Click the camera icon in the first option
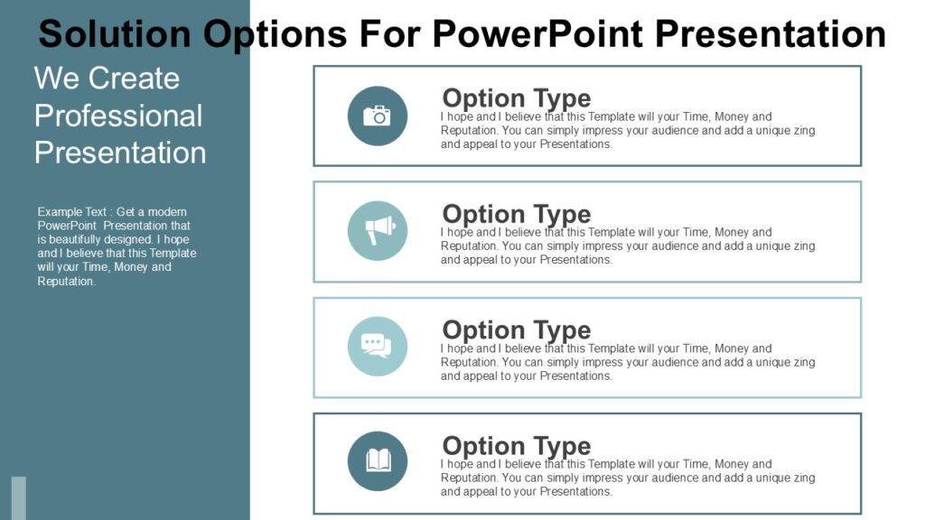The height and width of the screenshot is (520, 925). coord(377,116)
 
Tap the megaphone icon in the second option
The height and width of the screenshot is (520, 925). coord(378,231)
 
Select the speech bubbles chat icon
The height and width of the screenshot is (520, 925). coord(377,346)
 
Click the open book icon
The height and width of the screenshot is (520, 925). coord(378,461)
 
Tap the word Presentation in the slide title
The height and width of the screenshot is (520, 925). coord(770,34)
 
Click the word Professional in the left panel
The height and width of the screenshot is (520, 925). coord(118,116)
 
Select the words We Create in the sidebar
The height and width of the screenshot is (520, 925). coord(107,78)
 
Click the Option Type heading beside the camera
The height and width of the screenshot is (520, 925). coord(516,98)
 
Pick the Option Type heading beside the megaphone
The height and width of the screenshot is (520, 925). coord(516,214)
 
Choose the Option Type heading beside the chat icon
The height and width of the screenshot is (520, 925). coord(516,330)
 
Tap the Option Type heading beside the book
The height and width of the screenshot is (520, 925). coord(516,446)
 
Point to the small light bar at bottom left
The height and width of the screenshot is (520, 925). coord(19,497)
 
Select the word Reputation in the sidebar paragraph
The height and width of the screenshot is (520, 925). coord(66,282)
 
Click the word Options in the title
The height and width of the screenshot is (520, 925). coord(275,34)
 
